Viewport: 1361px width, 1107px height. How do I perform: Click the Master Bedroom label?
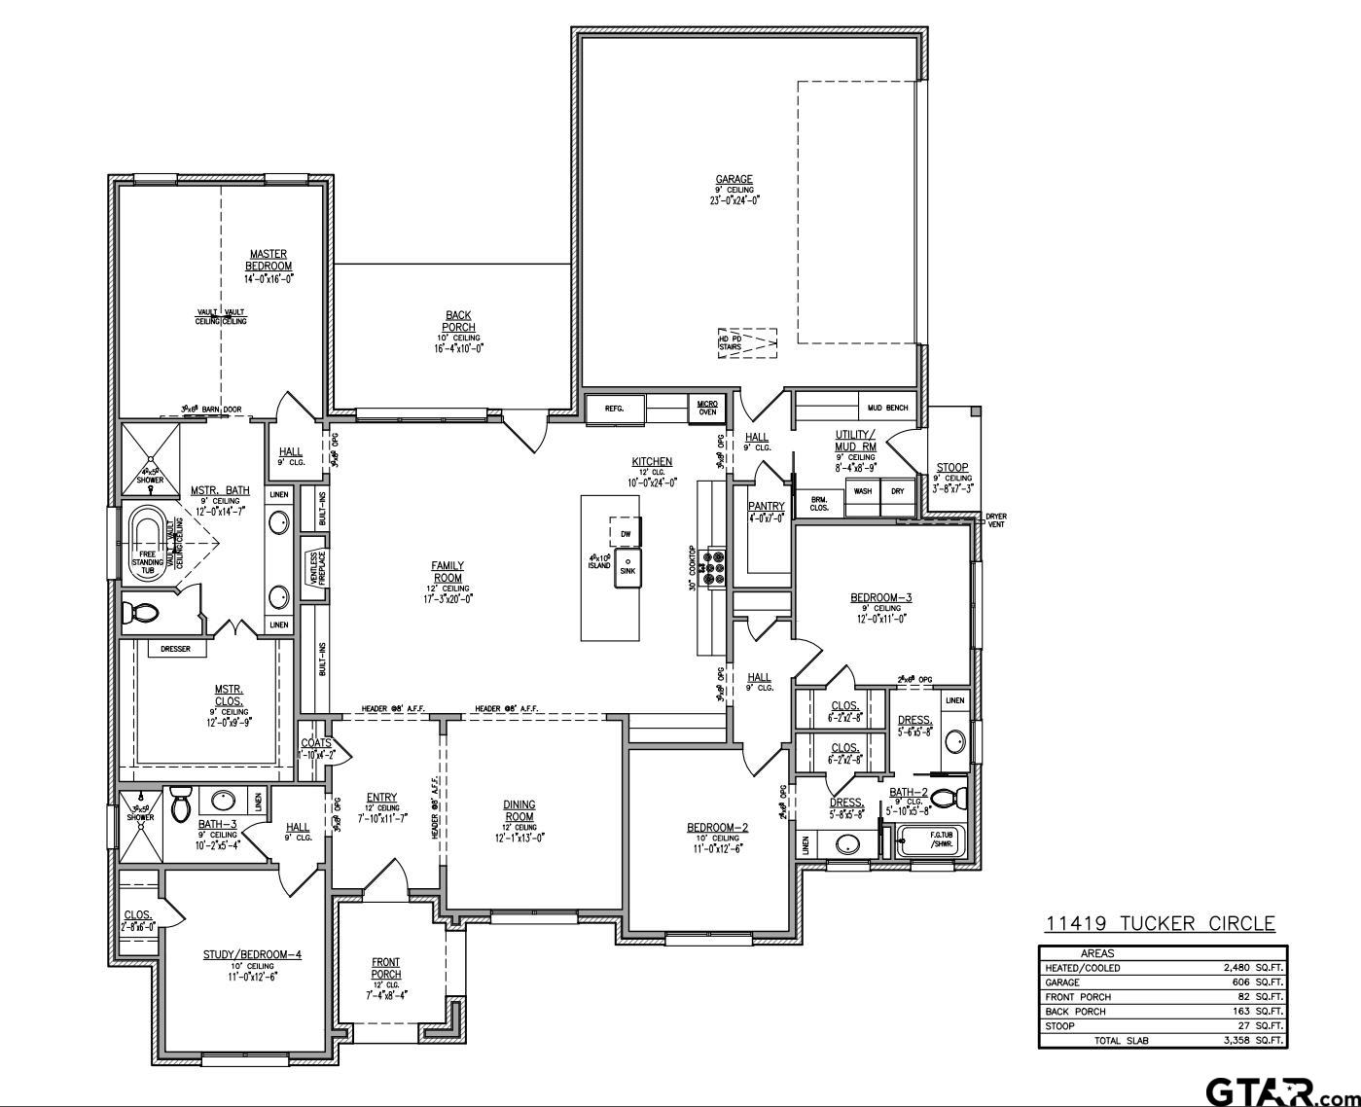pyautogui.click(x=268, y=260)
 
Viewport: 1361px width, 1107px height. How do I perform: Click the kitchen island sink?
pyautogui.click(x=627, y=566)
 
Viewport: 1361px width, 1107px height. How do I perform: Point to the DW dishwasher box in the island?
pyautogui.click(x=626, y=533)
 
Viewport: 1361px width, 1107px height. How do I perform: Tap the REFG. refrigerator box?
pyautogui.click(x=614, y=409)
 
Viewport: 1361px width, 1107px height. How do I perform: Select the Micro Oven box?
pyautogui.click(x=706, y=408)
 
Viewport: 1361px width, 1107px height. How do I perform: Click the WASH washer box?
pyautogui.click(x=863, y=491)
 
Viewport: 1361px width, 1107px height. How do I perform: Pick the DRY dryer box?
pyautogui.click(x=897, y=491)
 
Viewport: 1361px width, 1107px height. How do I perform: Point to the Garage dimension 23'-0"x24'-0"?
pyautogui.click(x=734, y=200)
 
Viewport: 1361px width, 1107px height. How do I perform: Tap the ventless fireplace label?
pyautogui.click(x=314, y=562)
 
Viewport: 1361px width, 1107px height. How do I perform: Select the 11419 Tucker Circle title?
pyautogui.click(x=1160, y=923)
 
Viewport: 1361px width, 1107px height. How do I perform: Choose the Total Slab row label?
pyautogui.click(x=1123, y=1040)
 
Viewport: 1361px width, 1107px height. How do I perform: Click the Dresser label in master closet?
pyautogui.click(x=175, y=649)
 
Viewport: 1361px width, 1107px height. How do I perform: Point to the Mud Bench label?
pyautogui.click(x=887, y=408)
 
